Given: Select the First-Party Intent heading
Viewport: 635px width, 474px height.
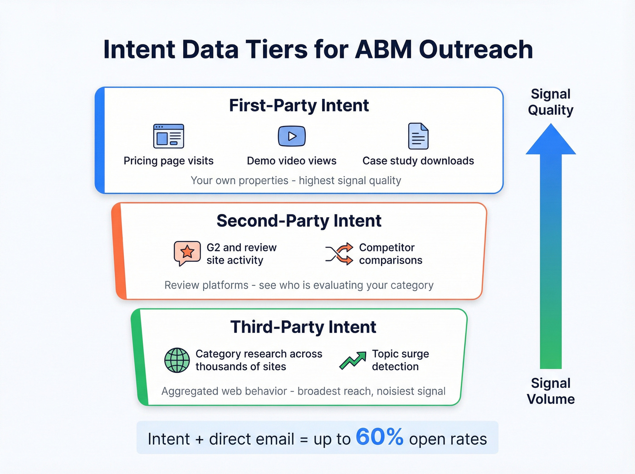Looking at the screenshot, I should click(x=299, y=105).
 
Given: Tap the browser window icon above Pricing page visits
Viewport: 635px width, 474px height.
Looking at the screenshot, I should click(x=169, y=136).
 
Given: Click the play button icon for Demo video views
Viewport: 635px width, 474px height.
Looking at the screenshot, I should click(x=292, y=136).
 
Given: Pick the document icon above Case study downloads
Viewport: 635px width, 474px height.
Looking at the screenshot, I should click(x=418, y=136).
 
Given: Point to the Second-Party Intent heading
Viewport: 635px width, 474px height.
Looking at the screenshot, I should click(x=299, y=221).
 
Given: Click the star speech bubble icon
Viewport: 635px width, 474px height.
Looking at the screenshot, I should click(x=187, y=253).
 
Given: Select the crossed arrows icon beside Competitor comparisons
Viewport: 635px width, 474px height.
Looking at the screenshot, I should click(x=339, y=254).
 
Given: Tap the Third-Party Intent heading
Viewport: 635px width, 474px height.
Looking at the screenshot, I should click(x=303, y=327).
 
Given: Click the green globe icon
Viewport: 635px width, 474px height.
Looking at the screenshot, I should click(x=177, y=360).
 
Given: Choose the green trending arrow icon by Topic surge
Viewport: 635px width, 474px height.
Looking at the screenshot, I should click(x=353, y=360).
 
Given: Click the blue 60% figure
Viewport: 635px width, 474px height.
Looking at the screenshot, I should click(x=379, y=437).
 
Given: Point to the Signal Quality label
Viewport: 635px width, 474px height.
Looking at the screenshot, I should click(x=551, y=102).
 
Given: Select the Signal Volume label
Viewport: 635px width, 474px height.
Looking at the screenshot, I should click(x=551, y=391).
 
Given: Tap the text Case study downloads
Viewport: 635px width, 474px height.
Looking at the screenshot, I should click(x=418, y=161).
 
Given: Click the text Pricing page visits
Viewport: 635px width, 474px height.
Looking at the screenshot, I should click(x=169, y=161).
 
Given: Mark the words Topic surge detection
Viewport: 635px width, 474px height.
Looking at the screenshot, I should click(x=400, y=360).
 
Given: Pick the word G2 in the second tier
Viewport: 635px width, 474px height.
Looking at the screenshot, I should click(x=213, y=248).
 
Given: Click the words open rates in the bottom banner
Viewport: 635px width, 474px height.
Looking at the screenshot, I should click(x=448, y=439).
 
